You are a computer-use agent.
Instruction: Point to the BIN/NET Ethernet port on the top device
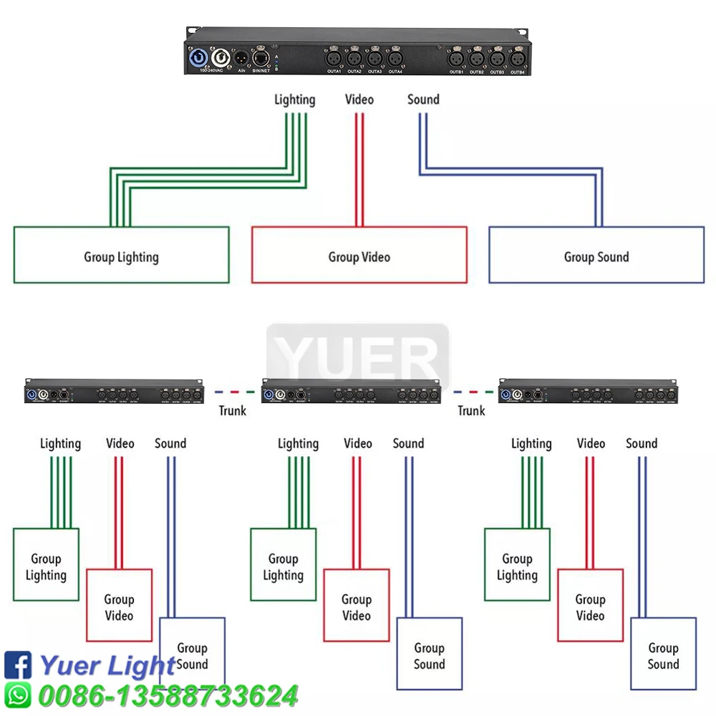(x=261, y=57)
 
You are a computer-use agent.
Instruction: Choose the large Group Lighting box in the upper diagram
(x=121, y=255)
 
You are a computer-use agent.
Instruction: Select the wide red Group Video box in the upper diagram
(x=359, y=255)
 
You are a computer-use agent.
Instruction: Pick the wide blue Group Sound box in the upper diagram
(x=596, y=255)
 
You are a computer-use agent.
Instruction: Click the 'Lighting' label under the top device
(x=294, y=100)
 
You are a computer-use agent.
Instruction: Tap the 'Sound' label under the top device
(x=423, y=100)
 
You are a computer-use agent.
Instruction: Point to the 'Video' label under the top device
(x=359, y=100)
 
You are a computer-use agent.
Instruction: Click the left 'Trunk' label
(x=233, y=410)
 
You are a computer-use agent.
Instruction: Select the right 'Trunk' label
(x=471, y=410)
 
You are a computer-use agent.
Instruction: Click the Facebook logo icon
(x=18, y=665)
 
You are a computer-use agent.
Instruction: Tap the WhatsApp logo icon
(x=18, y=695)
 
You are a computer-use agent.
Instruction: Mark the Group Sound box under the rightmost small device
(x=663, y=654)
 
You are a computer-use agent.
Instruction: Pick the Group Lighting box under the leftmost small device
(x=46, y=565)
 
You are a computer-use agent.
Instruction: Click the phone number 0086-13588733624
(x=168, y=695)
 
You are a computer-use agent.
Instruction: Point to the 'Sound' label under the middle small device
(x=408, y=444)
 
